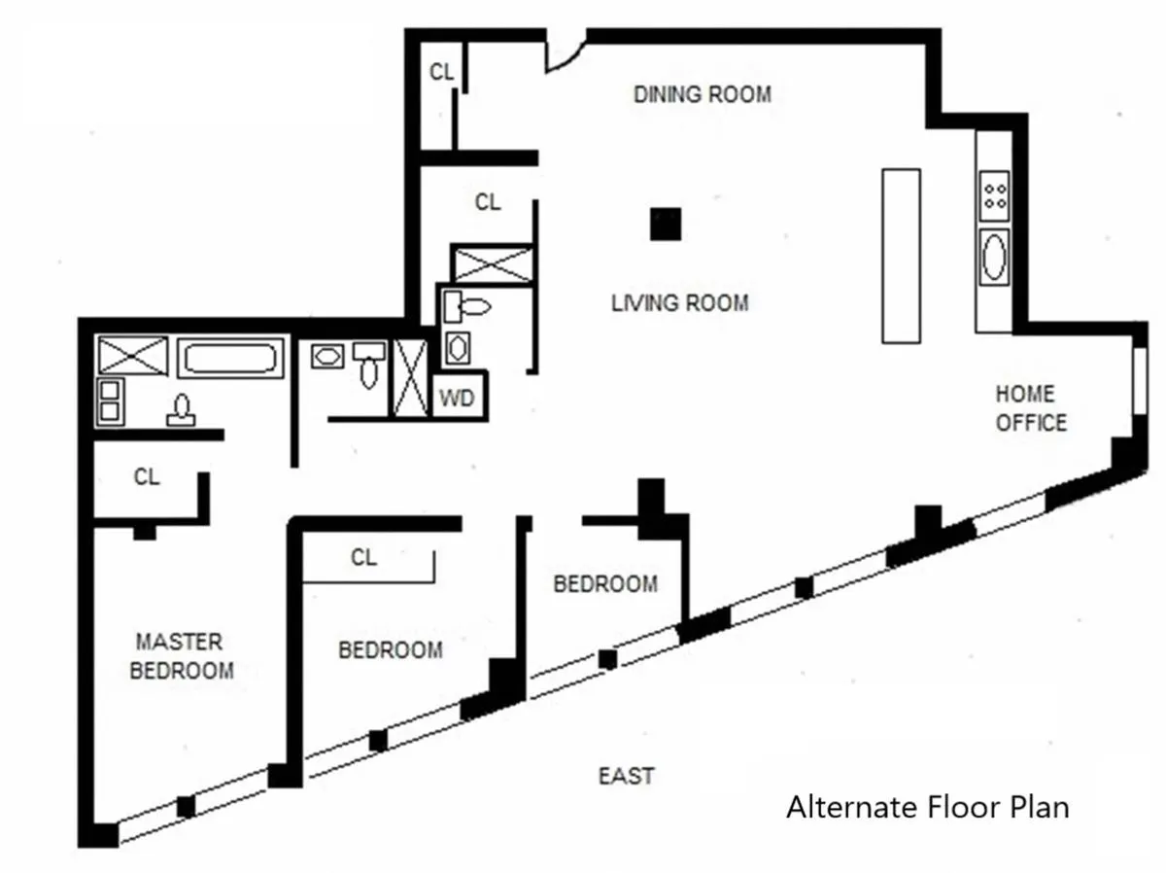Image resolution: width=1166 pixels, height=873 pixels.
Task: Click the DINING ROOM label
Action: pyautogui.click(x=702, y=94)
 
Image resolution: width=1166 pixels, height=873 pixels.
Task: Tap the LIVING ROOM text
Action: pyautogui.click(x=679, y=303)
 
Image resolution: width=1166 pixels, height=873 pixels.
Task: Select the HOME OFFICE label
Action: pyautogui.click(x=1031, y=408)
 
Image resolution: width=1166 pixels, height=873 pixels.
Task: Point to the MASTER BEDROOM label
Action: pyautogui.click(x=181, y=656)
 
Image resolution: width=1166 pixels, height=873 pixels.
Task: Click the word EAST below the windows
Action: pyautogui.click(x=626, y=776)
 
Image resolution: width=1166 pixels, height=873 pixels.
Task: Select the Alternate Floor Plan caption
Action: pyautogui.click(x=927, y=808)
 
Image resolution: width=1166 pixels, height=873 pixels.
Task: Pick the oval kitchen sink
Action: pyautogui.click(x=995, y=258)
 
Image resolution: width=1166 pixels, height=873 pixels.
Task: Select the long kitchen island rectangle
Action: pyautogui.click(x=900, y=256)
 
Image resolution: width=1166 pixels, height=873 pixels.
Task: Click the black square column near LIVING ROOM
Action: pyautogui.click(x=666, y=224)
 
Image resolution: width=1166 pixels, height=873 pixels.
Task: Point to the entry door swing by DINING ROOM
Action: pyautogui.click(x=565, y=54)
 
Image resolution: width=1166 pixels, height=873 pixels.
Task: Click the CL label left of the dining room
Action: pyautogui.click(x=442, y=72)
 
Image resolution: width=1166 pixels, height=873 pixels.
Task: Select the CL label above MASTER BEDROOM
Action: pyautogui.click(x=147, y=477)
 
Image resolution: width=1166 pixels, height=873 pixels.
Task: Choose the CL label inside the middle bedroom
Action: pyautogui.click(x=363, y=557)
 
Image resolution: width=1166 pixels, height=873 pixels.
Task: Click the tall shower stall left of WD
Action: pyautogui.click(x=409, y=379)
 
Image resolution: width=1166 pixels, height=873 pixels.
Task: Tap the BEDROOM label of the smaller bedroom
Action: pyautogui.click(x=604, y=584)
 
